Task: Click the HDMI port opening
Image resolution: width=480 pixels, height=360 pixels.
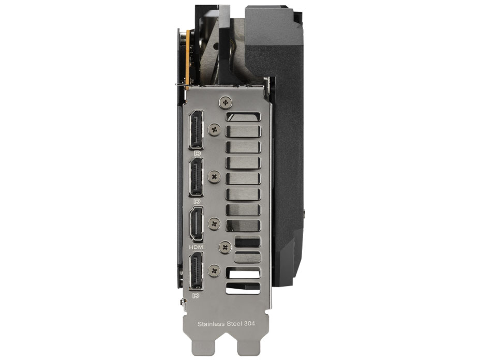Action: (x=196, y=224)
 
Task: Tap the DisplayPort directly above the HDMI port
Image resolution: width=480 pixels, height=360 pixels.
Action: (x=196, y=177)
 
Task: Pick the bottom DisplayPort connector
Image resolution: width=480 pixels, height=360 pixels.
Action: (x=196, y=271)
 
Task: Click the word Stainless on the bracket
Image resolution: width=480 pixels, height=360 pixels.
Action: (x=211, y=324)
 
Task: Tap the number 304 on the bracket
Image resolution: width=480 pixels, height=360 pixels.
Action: (x=249, y=324)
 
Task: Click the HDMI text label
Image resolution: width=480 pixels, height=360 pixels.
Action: (x=197, y=246)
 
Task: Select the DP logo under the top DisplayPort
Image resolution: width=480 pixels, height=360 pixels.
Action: (x=197, y=153)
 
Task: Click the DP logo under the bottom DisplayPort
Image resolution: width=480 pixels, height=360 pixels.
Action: (x=196, y=295)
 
